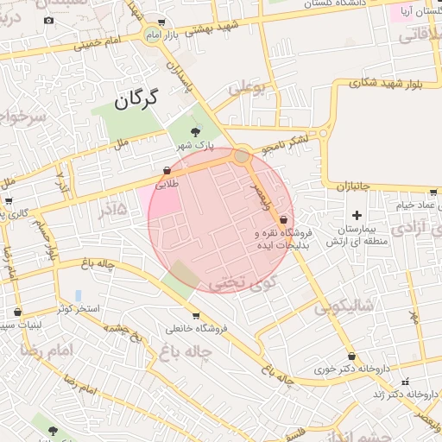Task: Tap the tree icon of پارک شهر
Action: point(195,132)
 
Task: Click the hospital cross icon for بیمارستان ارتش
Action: point(356,214)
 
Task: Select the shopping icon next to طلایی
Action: point(167,171)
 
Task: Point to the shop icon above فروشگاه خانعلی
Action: point(197,315)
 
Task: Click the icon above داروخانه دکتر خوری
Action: point(351,356)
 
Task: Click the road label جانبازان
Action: point(351,186)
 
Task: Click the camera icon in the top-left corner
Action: point(48,20)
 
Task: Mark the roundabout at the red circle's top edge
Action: point(242,156)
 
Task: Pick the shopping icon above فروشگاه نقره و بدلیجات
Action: point(283,221)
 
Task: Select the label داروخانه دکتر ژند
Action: point(378,394)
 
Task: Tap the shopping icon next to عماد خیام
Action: point(432,194)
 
